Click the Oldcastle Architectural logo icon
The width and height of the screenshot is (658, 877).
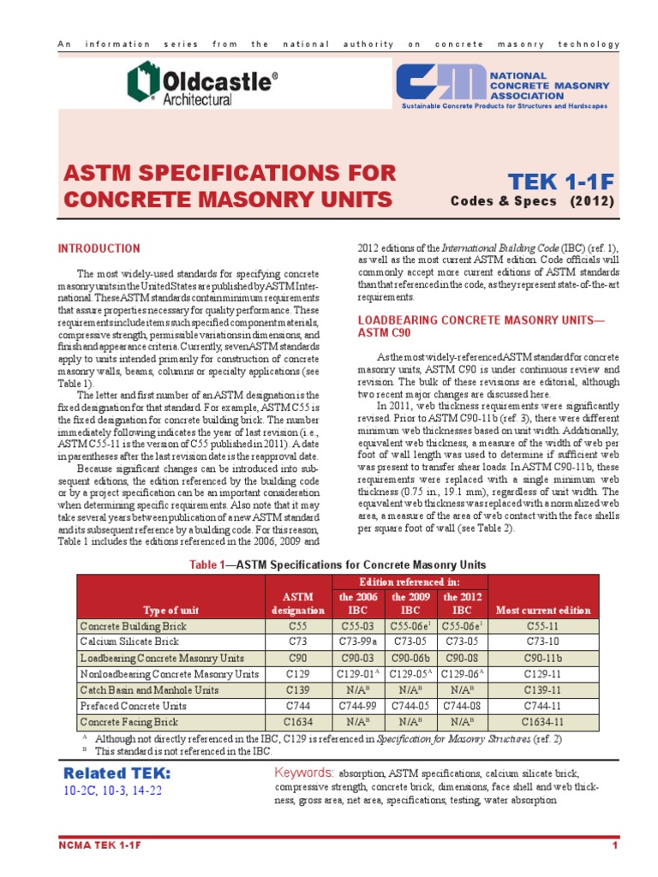pos(143,83)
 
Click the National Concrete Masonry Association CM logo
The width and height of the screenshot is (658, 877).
pos(440,83)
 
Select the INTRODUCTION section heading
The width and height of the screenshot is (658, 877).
pos(99,249)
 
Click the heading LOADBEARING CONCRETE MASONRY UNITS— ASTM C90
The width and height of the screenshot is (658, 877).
pos(480,325)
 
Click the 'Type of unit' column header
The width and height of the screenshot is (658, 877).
pos(171,611)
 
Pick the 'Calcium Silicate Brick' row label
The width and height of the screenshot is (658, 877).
pos(129,642)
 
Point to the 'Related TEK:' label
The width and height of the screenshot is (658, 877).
pos(117,773)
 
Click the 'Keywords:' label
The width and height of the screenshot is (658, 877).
pos(304,773)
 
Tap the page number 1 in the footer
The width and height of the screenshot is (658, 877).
pos(615,847)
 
